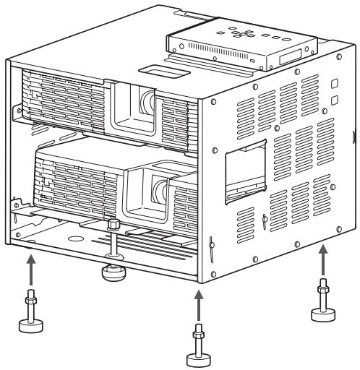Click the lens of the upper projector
(x=148, y=100)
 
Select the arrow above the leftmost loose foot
(x=30, y=269)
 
